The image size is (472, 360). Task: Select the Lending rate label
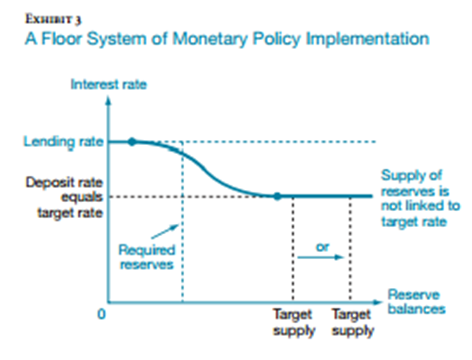pyautogui.click(x=56, y=141)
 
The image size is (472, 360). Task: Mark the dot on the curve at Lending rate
pyautogui.click(x=132, y=141)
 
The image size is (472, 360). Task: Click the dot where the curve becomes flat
pyautogui.click(x=277, y=196)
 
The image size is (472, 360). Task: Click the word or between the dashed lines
pyautogui.click(x=320, y=244)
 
